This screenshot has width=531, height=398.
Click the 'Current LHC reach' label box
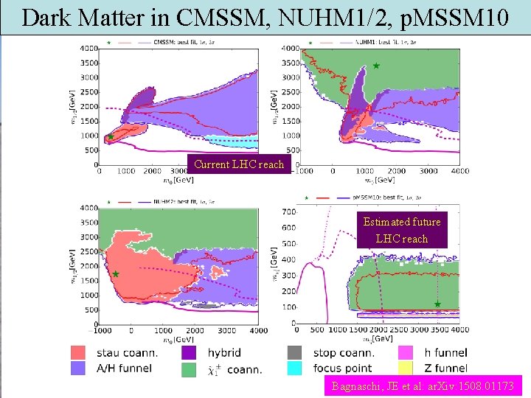point(239,164)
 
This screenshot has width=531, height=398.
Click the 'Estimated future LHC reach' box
point(402,230)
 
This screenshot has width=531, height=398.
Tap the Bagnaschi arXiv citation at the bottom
point(423,385)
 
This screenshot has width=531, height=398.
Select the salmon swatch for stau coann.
point(78,353)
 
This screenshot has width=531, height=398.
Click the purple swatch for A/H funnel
point(78,368)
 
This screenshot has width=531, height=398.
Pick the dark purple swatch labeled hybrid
point(189,353)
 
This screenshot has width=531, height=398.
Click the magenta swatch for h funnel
point(405,353)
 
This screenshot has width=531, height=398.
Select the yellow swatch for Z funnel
point(405,368)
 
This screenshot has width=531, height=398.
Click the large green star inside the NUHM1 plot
point(375,66)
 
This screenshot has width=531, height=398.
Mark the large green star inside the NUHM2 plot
point(115,273)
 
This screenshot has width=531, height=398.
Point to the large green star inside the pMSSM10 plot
point(437,304)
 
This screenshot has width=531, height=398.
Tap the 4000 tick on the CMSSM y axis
point(88,48)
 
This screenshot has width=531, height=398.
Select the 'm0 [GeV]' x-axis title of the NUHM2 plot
point(175,340)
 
